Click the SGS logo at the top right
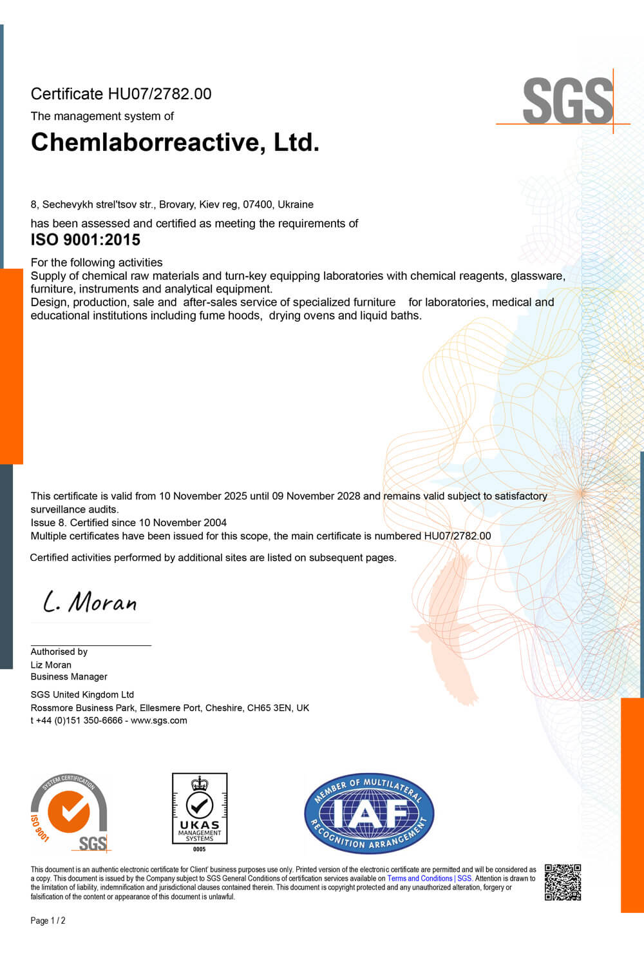(x=567, y=101)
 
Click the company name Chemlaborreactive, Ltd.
(x=175, y=142)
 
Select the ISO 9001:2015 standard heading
(x=86, y=240)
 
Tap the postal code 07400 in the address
(x=257, y=204)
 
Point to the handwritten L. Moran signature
(x=90, y=602)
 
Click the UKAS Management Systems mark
(x=200, y=809)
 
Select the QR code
(x=563, y=882)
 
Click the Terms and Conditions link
(x=420, y=879)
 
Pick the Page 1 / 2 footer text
(x=48, y=921)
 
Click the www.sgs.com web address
(x=159, y=721)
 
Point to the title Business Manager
(x=69, y=677)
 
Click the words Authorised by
(x=59, y=652)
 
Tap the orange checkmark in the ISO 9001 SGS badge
(x=69, y=810)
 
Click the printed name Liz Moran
(x=51, y=665)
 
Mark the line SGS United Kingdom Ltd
(x=82, y=695)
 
